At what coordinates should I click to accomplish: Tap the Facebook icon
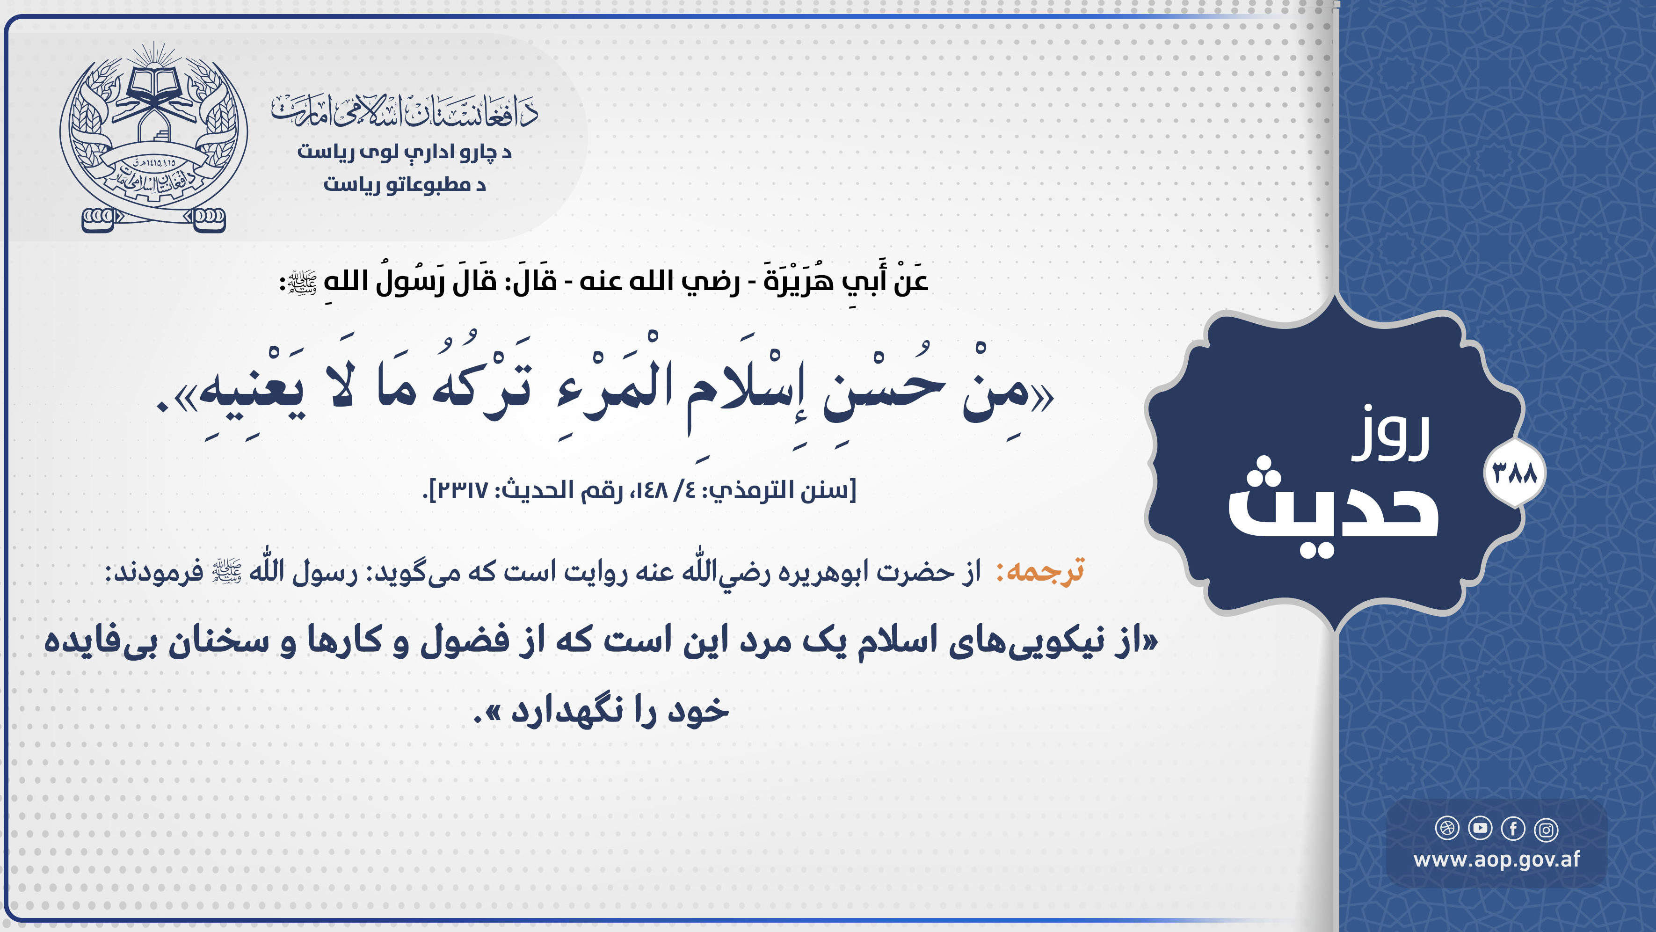[1513, 829]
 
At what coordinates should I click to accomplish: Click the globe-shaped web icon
[1447, 829]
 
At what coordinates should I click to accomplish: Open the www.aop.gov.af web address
[1496, 860]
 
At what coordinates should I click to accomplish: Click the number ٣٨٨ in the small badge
[1515, 473]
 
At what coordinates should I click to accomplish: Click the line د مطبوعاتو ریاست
[404, 184]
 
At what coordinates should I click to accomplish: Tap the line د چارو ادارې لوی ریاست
[404, 152]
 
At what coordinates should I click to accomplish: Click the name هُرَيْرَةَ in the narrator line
[800, 280]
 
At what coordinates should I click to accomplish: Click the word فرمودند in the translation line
[154, 571]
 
